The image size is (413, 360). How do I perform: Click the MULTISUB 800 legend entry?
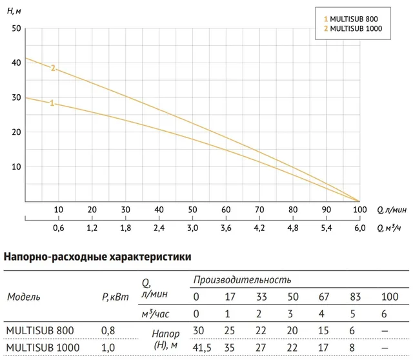click(x=351, y=19)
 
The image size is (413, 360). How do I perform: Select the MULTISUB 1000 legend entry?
click(x=353, y=28)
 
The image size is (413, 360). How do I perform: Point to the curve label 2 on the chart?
click(x=53, y=68)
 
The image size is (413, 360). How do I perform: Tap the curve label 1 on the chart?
click(x=52, y=103)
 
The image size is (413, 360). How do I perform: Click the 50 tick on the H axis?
click(x=16, y=28)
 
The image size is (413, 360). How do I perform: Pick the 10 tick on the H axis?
click(x=16, y=166)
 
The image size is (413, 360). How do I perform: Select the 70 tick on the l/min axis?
click(x=259, y=210)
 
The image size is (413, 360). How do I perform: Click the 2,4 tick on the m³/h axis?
click(x=159, y=228)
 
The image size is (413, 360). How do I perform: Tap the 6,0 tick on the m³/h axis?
click(x=360, y=228)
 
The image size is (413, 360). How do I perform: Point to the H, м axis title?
click(x=14, y=11)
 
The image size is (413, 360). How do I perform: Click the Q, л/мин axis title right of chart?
click(x=392, y=210)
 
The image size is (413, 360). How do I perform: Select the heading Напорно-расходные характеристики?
click(x=97, y=257)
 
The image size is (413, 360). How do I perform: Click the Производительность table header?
click(x=243, y=280)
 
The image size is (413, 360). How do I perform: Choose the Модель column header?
click(x=24, y=297)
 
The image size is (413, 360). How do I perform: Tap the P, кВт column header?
click(x=116, y=297)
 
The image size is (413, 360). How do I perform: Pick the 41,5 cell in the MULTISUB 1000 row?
click(x=202, y=348)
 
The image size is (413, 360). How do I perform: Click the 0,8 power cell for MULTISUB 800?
click(x=108, y=330)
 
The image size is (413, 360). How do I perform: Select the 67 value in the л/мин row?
click(x=324, y=297)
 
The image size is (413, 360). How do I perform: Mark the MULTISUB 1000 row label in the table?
click(x=43, y=348)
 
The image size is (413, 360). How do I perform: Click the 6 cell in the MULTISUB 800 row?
click(x=352, y=330)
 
